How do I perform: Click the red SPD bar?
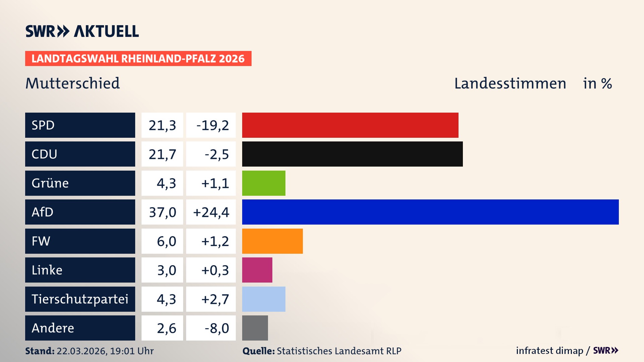tap(350, 125)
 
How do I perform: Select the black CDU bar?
tap(352, 154)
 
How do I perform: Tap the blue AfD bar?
tap(430, 212)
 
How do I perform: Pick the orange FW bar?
tap(272, 241)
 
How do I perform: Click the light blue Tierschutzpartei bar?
tap(264, 299)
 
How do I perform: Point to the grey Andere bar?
tap(255, 328)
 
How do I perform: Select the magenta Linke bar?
tap(257, 270)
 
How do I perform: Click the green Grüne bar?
tap(264, 183)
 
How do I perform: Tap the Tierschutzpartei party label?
tap(80, 299)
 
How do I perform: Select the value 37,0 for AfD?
tap(162, 212)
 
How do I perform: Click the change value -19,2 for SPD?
tap(212, 125)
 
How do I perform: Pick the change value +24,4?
tap(211, 212)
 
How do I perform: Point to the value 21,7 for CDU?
tap(162, 154)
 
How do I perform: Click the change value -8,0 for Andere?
tap(216, 328)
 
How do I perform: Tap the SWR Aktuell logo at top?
tap(82, 31)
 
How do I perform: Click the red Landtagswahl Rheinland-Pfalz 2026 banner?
tap(138, 59)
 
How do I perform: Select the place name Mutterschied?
tap(72, 83)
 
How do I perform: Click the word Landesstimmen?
tap(510, 83)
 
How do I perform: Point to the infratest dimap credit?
tap(549, 351)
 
